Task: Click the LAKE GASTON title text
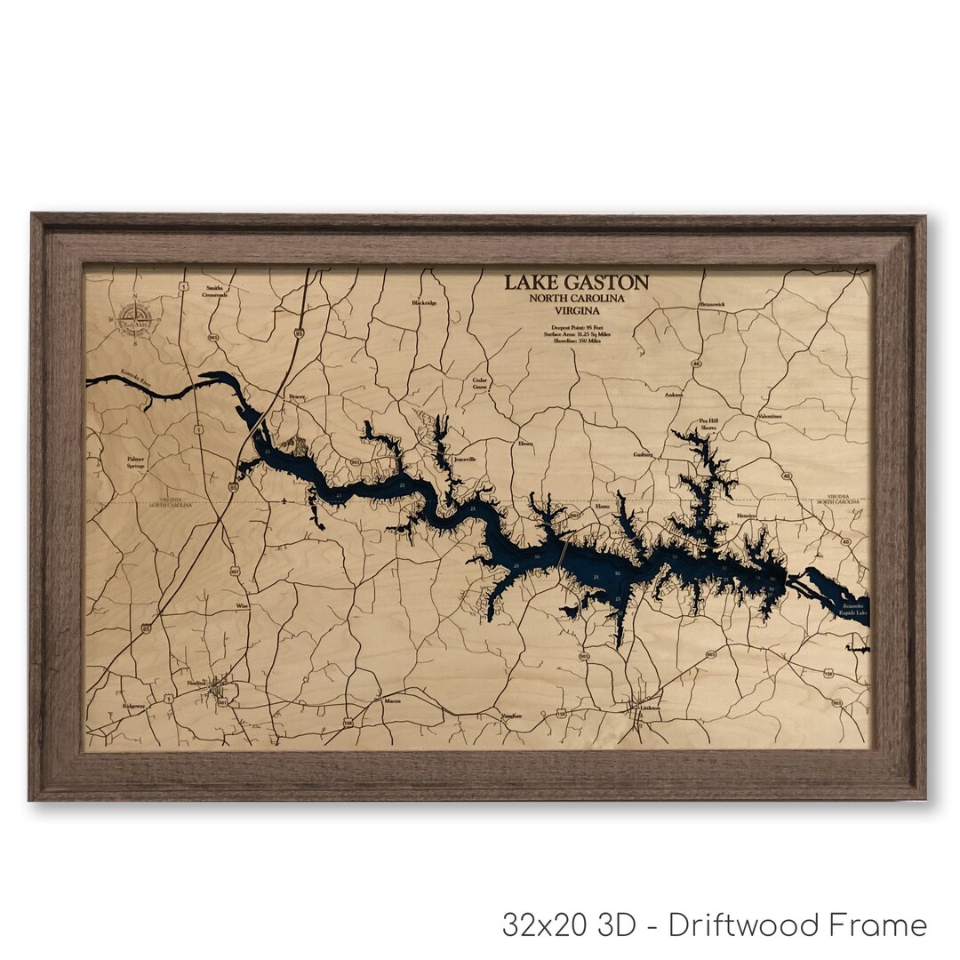576,283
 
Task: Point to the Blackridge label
424,303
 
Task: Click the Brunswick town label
712,304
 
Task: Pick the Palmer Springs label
135,463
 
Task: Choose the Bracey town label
296,397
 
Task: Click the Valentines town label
769,416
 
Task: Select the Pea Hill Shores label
708,424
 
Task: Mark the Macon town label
392,700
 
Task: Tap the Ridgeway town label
133,706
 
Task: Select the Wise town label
242,605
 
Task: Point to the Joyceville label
465,460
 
